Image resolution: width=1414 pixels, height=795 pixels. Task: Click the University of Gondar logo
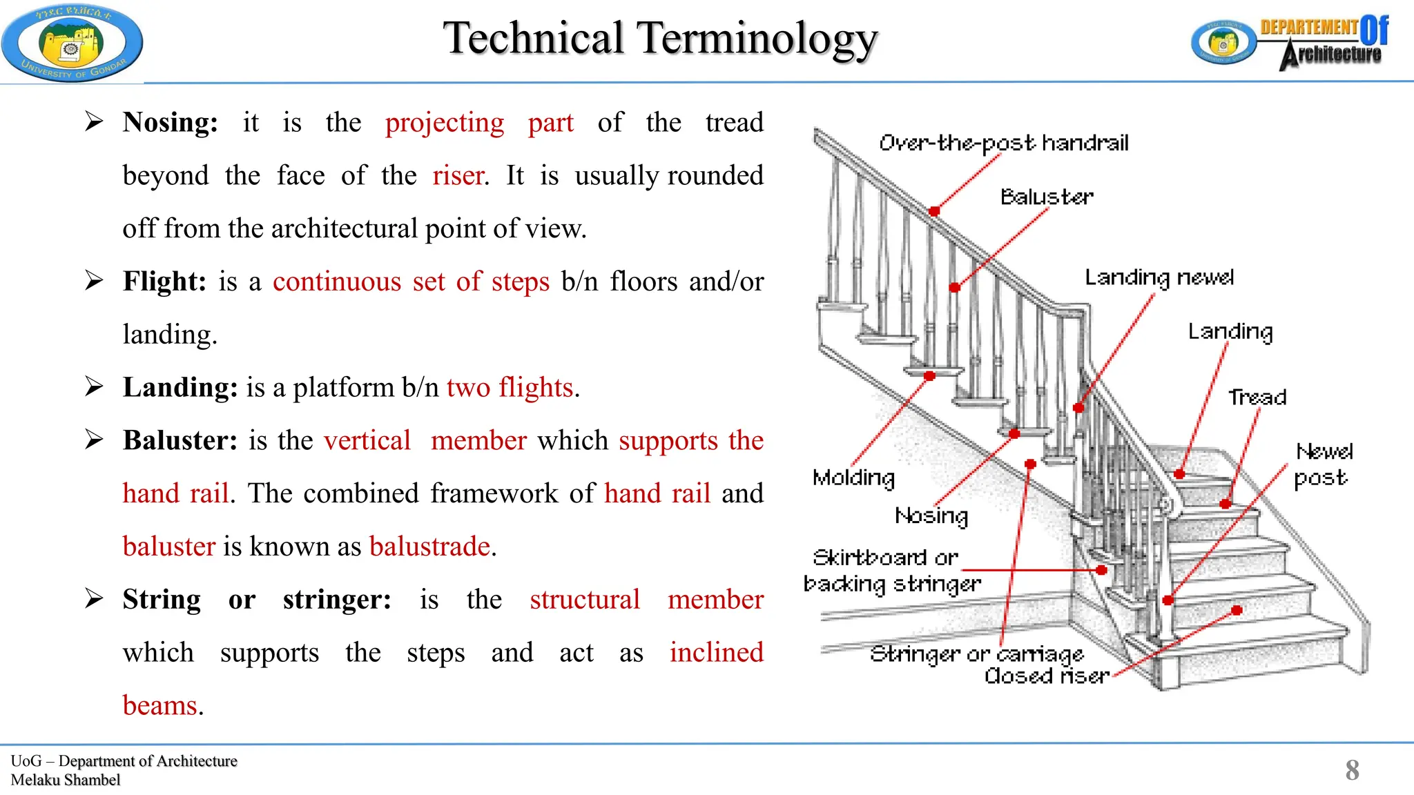coord(72,43)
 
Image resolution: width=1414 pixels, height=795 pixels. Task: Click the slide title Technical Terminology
coord(660,38)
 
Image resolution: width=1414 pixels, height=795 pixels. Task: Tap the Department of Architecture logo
coord(1290,43)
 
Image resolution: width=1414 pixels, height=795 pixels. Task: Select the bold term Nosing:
coord(170,123)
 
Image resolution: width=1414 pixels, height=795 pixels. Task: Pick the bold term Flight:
coord(164,282)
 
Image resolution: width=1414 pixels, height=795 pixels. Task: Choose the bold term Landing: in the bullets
coord(180,388)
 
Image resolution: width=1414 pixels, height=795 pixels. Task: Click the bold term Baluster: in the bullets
coord(180,440)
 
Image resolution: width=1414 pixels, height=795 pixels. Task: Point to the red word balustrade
coord(430,547)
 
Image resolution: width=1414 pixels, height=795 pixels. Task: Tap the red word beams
coord(160,706)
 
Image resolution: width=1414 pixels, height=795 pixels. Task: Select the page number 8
coord(1352,770)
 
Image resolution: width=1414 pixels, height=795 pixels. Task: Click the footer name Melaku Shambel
coord(66,780)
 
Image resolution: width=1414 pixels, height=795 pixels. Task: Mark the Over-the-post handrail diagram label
coord(1003,143)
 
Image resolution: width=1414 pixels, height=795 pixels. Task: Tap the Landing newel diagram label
coord(1159,277)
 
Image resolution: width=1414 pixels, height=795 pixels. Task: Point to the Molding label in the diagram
coord(853,478)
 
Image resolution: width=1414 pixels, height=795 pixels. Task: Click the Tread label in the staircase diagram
coord(1257,397)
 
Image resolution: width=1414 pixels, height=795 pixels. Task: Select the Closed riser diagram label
coord(1047,676)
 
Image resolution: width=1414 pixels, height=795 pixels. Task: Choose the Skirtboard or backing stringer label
coord(891,571)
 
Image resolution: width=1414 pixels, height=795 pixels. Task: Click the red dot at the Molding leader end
coord(929,376)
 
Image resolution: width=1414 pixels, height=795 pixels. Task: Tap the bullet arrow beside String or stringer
coord(94,598)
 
